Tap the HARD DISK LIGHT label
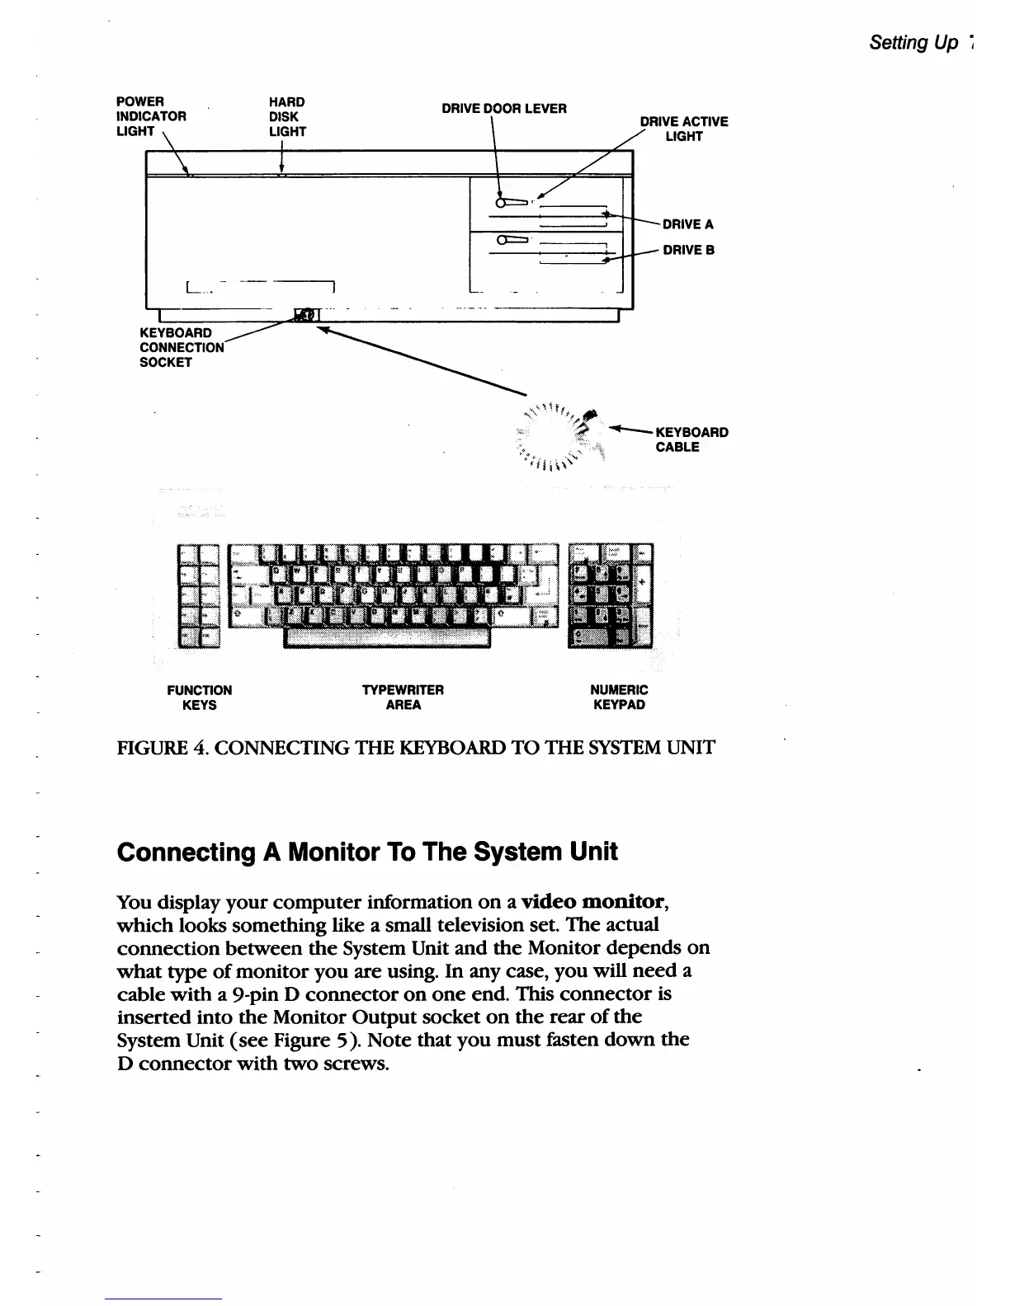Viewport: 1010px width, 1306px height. [x=287, y=116]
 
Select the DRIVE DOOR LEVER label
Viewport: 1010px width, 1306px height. [x=503, y=108]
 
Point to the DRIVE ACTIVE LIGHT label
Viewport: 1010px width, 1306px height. [x=684, y=129]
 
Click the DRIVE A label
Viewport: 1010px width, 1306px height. [x=687, y=224]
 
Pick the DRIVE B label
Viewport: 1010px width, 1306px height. [x=688, y=250]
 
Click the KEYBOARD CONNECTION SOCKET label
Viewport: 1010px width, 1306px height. [x=182, y=347]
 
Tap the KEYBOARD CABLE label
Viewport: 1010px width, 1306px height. [x=691, y=439]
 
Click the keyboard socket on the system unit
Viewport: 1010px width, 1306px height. [x=303, y=315]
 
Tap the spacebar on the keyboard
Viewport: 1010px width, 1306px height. [x=387, y=637]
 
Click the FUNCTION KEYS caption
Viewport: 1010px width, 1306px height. [x=199, y=697]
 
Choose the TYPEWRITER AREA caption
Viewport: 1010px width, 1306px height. [x=403, y=697]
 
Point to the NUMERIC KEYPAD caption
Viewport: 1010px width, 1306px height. [x=619, y=697]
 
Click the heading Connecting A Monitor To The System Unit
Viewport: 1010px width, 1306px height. [x=367, y=852]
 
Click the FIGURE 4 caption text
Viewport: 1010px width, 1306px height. [x=416, y=748]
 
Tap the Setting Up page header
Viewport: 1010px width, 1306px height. [x=913, y=43]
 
